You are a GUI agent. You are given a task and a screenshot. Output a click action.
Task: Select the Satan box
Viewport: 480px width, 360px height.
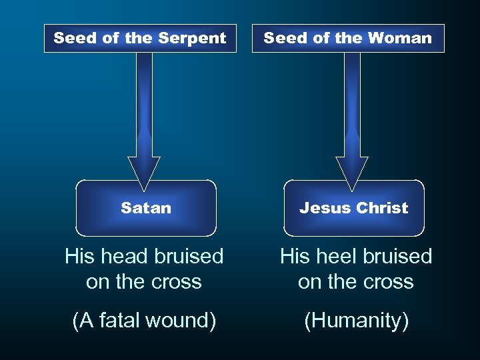146,208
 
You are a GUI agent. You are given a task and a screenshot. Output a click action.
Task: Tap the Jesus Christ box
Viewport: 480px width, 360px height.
354,208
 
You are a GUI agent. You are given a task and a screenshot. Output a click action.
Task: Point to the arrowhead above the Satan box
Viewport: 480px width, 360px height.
144,170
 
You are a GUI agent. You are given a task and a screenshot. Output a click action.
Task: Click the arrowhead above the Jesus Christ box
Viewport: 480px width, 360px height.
352,170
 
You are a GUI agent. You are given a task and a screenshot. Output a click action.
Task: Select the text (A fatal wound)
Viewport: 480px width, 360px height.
144,321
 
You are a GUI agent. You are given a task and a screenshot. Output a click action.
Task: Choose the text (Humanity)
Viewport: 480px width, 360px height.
356,321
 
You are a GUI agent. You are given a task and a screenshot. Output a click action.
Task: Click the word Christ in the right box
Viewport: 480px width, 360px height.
382,208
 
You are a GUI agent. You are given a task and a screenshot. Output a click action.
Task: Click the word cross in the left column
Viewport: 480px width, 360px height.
176,281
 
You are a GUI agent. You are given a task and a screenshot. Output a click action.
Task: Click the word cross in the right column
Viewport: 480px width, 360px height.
388,281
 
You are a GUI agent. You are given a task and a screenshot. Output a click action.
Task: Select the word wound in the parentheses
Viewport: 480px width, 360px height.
182,321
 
